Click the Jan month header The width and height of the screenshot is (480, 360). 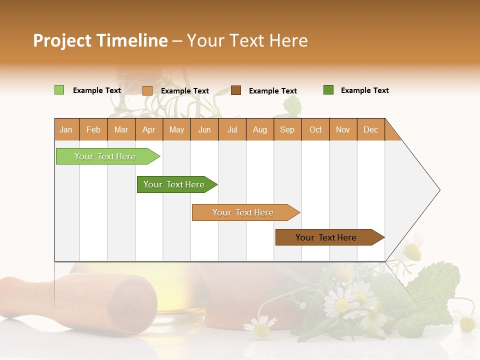66,129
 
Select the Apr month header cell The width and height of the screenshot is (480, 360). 149,129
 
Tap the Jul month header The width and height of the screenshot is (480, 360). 232,129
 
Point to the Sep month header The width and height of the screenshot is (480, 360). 287,129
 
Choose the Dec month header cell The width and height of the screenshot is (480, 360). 370,129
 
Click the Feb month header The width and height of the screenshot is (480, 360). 93,129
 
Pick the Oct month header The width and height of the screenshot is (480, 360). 315,129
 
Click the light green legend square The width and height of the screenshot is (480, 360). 59,90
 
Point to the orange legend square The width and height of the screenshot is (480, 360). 147,90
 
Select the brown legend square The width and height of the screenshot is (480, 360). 236,90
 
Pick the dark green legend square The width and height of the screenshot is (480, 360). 328,90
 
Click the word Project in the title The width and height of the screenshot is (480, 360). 62,40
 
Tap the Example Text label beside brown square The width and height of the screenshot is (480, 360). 273,91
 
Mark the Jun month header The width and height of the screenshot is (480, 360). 204,129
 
